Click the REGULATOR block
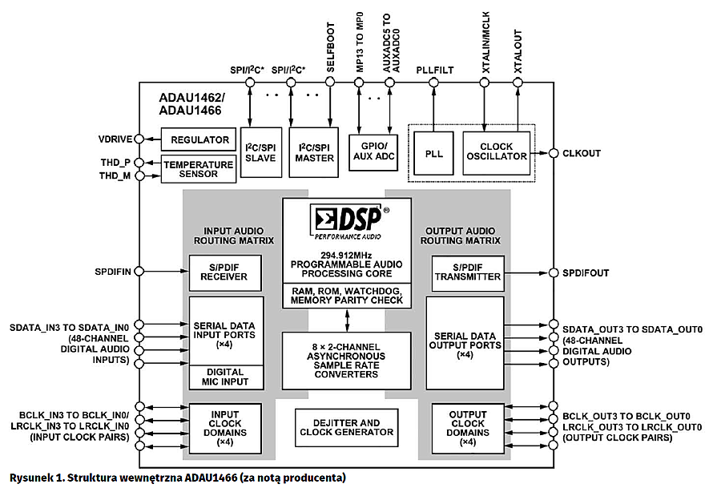(199, 139)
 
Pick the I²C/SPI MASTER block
(315, 152)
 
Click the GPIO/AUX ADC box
(373, 152)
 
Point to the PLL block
(434, 152)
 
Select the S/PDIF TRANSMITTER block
(467, 272)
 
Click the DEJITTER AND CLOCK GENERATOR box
(347, 428)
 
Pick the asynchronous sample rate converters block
(347, 361)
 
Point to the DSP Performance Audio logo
(347, 223)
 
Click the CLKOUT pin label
(582, 153)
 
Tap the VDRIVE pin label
(117, 139)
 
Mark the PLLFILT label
(434, 71)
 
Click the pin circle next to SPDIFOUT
(552, 272)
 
